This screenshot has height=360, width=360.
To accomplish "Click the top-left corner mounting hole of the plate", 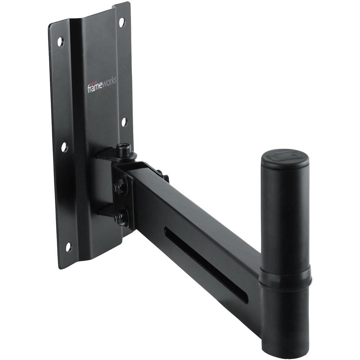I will (x=60, y=41).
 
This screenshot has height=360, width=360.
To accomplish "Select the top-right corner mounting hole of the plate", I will (x=121, y=22).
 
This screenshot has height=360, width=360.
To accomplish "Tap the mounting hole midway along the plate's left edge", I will (x=64, y=147).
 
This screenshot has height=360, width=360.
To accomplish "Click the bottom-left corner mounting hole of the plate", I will (x=68, y=247).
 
